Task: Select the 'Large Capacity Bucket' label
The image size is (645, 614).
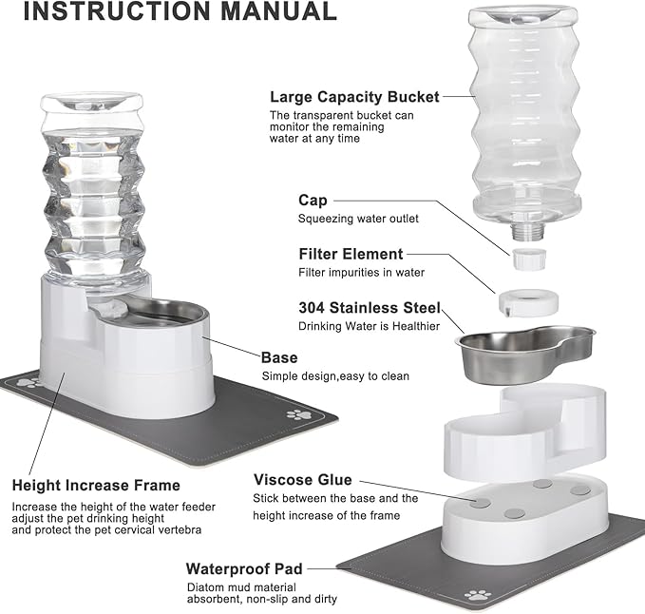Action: coord(354,96)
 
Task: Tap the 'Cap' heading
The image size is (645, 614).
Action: coord(313,200)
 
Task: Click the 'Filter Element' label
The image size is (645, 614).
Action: coord(351,254)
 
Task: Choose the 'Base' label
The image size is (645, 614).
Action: coord(279,357)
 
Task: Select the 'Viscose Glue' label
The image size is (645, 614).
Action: coord(302,479)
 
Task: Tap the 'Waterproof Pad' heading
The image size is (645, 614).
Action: coord(243,568)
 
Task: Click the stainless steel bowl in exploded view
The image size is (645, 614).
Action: coord(524,352)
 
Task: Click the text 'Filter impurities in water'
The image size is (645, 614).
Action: coord(361,273)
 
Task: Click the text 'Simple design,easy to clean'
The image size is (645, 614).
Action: coord(335,375)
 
